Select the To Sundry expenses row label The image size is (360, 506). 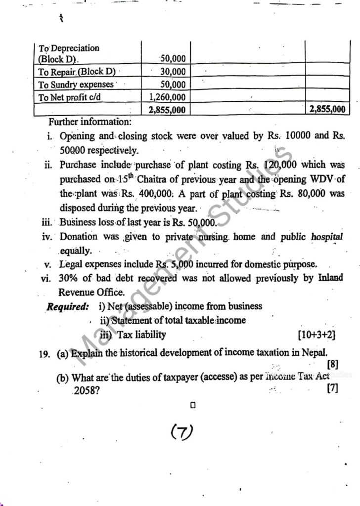point(77,84)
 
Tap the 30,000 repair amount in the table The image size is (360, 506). point(173,72)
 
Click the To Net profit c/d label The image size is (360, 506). point(70,97)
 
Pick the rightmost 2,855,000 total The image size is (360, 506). point(326,110)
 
